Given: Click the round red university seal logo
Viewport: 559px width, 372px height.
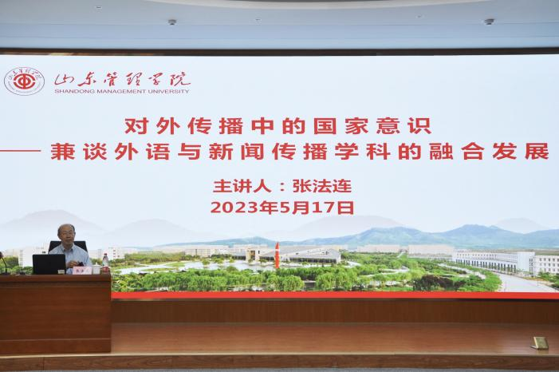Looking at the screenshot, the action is (x=24, y=81).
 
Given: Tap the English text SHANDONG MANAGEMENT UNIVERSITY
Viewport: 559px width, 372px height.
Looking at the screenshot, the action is (x=122, y=91).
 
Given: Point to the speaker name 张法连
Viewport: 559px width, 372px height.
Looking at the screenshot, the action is (x=322, y=186).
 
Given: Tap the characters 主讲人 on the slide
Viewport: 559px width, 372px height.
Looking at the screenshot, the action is (x=242, y=186).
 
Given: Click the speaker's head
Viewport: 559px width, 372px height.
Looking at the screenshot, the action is (x=66, y=234).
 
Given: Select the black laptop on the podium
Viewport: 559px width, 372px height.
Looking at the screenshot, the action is (x=49, y=264).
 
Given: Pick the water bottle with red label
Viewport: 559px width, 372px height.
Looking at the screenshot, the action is (x=105, y=263).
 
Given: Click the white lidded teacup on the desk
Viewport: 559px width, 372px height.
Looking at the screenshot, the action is (x=96, y=269).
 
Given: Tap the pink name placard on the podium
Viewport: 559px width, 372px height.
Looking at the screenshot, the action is (x=81, y=271).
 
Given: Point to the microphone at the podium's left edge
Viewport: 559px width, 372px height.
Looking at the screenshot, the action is (x=4, y=263).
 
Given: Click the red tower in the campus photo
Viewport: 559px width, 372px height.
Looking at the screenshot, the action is (x=277, y=255).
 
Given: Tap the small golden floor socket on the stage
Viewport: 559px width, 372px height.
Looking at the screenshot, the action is (x=539, y=342).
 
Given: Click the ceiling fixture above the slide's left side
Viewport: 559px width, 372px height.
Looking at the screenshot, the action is (x=172, y=22).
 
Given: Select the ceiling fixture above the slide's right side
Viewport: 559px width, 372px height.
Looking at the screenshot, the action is (x=489, y=22).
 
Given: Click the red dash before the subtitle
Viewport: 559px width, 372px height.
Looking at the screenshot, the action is (x=21, y=151).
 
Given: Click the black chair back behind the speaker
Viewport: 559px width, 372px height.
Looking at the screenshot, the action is (x=68, y=247).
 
